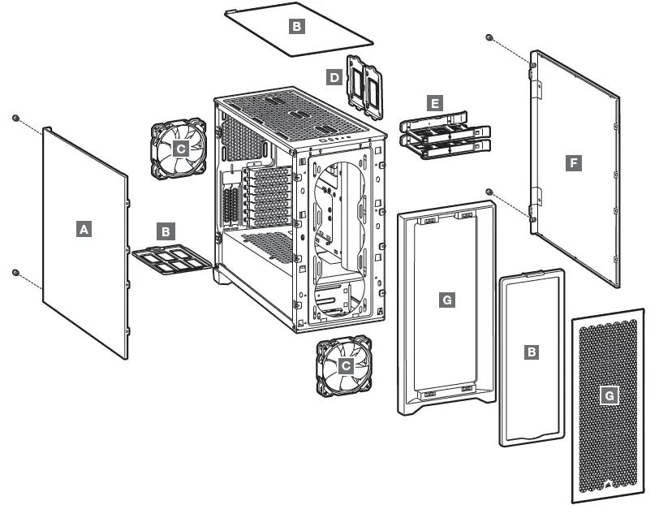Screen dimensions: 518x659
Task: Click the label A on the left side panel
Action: coord(83,230)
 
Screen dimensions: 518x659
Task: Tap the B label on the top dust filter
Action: coord(296,27)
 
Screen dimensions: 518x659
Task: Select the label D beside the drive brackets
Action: coord(334,77)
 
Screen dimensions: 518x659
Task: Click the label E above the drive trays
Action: coord(435,104)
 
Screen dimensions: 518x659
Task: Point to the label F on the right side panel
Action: coord(574,163)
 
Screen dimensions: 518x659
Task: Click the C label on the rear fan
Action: coord(180,149)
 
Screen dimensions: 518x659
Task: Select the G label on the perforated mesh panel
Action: coord(609,396)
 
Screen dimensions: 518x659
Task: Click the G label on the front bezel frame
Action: coord(446,300)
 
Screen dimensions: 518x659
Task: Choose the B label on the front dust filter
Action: coord(532,352)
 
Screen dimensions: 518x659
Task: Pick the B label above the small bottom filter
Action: coord(166,231)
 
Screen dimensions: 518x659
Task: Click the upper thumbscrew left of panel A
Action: coord(15,119)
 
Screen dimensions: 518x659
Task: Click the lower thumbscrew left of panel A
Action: coord(15,272)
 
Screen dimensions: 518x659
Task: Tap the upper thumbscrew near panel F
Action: coord(489,38)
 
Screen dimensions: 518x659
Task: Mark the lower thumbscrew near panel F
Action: coord(489,192)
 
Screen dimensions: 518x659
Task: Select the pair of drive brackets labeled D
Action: coord(364,80)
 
